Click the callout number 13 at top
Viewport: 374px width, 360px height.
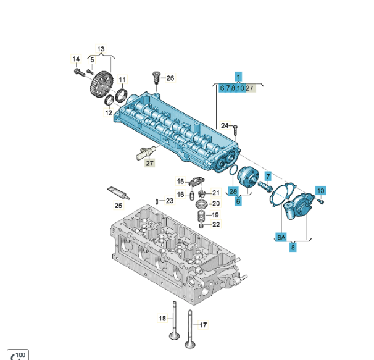(101, 48)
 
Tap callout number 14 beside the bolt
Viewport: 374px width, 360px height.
(77, 59)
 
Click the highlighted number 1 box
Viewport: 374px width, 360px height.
(238, 76)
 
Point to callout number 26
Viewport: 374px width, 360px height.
(170, 78)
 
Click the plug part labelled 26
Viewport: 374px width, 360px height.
(156, 78)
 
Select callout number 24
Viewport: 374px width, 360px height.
(225, 125)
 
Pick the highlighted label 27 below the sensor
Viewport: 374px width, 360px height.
(149, 162)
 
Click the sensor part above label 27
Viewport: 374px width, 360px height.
(146, 151)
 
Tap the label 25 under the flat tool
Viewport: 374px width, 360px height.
(118, 206)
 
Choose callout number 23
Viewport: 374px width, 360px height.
(170, 201)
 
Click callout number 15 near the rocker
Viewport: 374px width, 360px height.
(181, 182)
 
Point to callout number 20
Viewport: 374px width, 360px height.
(215, 203)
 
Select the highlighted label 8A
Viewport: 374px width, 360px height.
(281, 237)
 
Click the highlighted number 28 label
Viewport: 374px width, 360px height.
(233, 191)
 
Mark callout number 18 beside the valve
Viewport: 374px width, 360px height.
(162, 318)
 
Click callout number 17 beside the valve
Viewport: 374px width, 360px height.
(203, 324)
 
